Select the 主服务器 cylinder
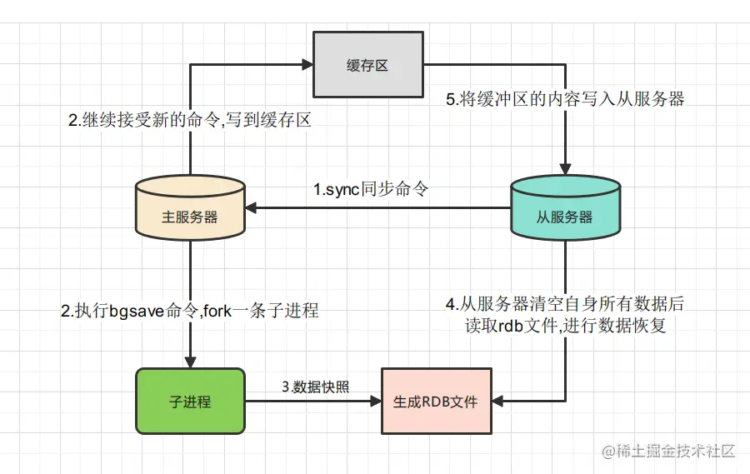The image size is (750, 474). (189, 210)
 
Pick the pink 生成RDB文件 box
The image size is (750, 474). (436, 401)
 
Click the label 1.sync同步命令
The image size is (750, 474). (370, 189)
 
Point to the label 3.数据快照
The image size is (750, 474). (314, 387)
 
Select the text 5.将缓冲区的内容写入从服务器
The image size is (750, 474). (565, 99)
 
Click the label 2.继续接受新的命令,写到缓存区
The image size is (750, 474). (189, 120)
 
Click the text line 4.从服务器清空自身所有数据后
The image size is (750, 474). (565, 304)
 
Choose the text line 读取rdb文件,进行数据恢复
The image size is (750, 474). (565, 326)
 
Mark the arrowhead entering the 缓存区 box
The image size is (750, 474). (306, 65)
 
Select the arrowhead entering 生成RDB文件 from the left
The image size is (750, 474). (375, 401)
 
